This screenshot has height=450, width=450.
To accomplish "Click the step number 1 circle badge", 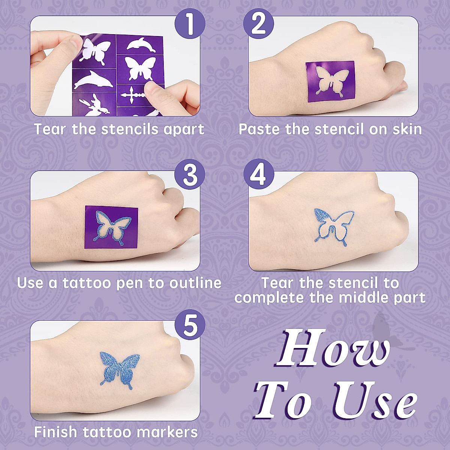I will (x=190, y=24).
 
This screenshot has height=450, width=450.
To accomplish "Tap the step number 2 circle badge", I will (x=258, y=24).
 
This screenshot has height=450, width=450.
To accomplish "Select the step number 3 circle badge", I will (x=190, y=175).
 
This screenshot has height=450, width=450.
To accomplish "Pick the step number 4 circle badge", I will (x=258, y=175).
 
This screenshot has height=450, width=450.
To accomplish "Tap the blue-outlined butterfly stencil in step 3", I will (x=111, y=227).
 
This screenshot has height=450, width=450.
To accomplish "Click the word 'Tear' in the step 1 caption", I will (x=50, y=129).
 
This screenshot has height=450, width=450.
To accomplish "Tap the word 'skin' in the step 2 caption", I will (x=407, y=129).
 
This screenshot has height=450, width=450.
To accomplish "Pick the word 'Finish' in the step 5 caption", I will (x=56, y=432).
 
